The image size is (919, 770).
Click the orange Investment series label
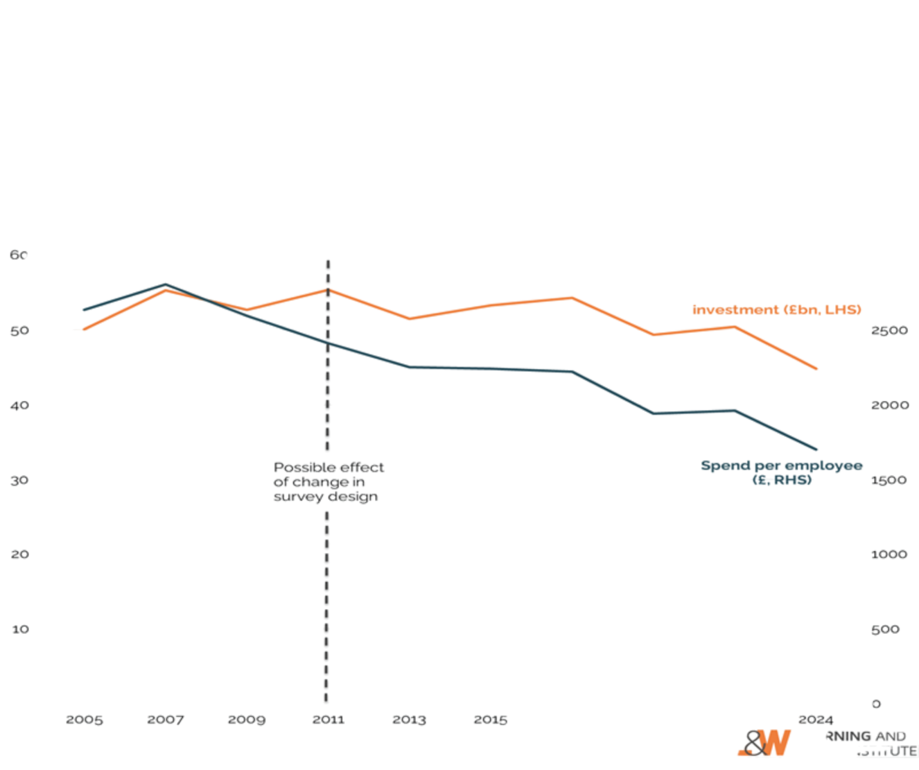tap(777, 310)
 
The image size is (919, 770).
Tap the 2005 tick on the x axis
tap(84, 719)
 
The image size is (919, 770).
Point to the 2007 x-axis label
tap(165, 719)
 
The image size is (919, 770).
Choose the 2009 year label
tap(246, 719)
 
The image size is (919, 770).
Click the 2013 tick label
tap(409, 719)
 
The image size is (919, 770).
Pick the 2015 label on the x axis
tap(491, 719)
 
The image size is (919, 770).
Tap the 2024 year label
tap(816, 719)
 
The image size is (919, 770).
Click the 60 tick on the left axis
tap(19, 255)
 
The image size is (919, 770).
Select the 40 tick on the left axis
tap(19, 405)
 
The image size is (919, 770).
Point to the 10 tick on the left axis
tap(19, 629)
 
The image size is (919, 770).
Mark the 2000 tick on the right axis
tap(889, 405)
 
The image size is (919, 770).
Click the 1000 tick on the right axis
tap(889, 555)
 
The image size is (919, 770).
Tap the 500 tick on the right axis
tap(885, 629)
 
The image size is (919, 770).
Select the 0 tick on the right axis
tap(877, 704)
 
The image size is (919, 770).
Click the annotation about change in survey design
tap(328, 482)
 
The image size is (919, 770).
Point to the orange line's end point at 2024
tap(816, 368)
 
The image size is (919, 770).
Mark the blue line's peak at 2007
tap(166, 285)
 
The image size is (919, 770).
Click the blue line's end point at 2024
tap(816, 450)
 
